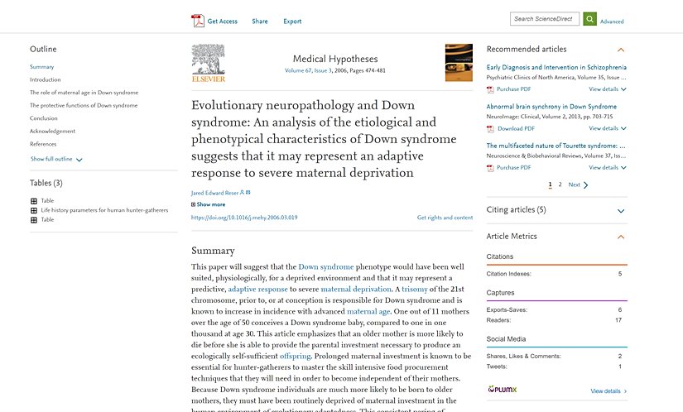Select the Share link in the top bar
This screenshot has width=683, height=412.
tap(260, 22)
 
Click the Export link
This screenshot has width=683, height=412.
tap(292, 22)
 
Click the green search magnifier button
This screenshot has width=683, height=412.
tap(589, 19)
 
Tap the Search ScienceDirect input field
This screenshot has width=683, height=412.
tap(545, 19)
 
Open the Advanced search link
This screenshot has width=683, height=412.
tap(612, 22)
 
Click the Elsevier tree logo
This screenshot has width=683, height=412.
tap(208, 62)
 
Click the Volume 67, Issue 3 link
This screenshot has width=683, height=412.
tap(308, 71)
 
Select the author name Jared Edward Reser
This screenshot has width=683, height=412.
tap(214, 193)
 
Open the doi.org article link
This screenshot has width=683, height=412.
tap(244, 218)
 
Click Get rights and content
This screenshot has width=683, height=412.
tap(445, 218)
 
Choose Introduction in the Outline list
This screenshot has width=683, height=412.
tap(46, 79)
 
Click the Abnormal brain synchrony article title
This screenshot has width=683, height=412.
tap(551, 107)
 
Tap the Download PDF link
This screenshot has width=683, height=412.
tap(516, 128)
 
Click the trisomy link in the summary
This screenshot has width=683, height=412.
tap(414, 290)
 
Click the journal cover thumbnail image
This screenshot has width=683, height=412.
tap(459, 63)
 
